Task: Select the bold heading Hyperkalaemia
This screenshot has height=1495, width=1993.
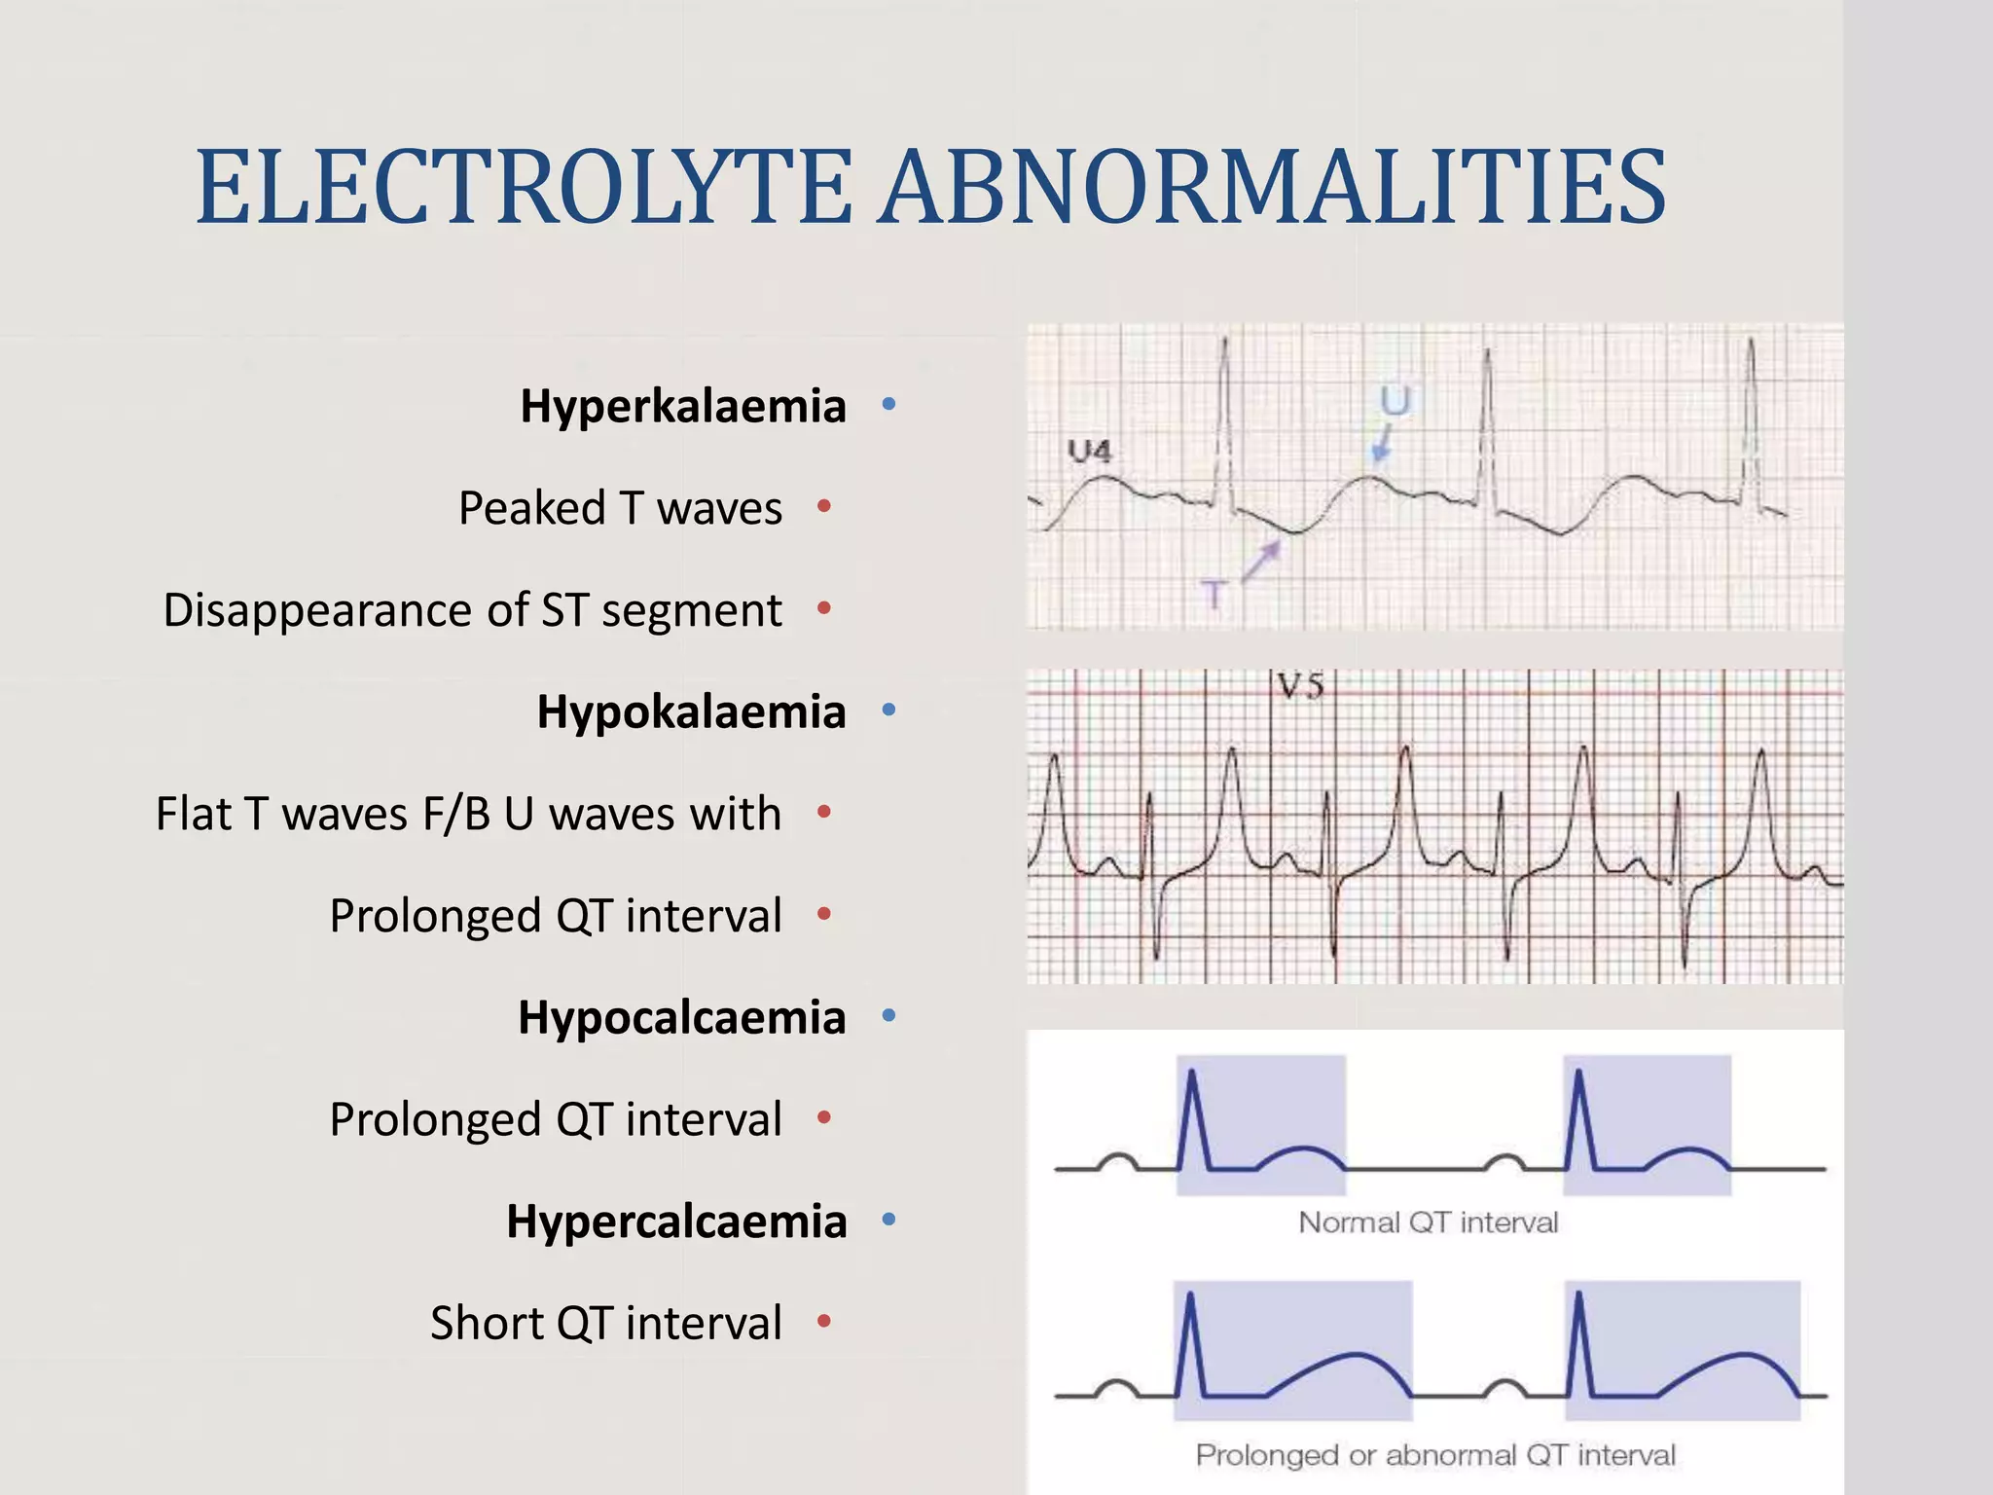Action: [x=683, y=406]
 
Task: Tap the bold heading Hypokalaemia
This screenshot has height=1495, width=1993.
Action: [x=691, y=711]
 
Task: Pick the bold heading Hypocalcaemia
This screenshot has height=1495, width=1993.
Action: [x=681, y=1017]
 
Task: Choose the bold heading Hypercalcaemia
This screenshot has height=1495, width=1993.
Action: [x=676, y=1221]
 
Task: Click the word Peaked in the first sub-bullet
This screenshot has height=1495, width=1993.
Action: [x=531, y=508]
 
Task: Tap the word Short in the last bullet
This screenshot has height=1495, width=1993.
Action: [x=486, y=1323]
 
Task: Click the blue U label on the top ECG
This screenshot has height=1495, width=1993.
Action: [x=1395, y=400]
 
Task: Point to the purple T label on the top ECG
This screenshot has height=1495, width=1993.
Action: [x=1214, y=593]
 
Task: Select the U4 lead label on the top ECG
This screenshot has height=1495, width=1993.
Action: [x=1089, y=451]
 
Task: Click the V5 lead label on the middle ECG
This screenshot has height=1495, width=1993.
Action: [x=1301, y=687]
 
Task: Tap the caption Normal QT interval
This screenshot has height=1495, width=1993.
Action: [x=1428, y=1222]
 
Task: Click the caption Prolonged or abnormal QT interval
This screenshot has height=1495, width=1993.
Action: [x=1435, y=1454]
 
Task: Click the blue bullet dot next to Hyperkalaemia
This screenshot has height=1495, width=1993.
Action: [x=888, y=404]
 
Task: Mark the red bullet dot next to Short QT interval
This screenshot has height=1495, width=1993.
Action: [x=824, y=1321]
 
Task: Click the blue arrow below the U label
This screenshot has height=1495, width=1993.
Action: [x=1381, y=445]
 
